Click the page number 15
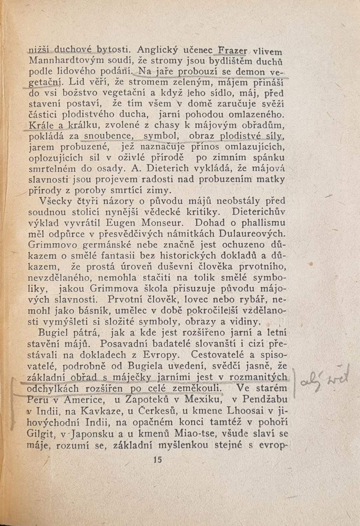pyautogui.click(x=157, y=460)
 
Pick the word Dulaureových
pyautogui.click(x=257, y=234)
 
